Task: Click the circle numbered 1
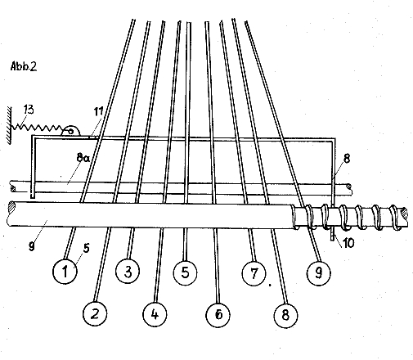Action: pos(65,272)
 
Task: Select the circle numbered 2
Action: pos(95,313)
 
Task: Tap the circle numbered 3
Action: pos(128,272)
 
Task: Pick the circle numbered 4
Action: pos(155,314)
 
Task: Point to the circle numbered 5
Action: pos(185,272)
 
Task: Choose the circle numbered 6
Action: pos(218,314)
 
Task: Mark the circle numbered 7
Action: pos(254,272)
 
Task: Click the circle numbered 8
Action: pos(285,315)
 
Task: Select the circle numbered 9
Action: pos(318,272)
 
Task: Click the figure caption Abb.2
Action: pos(24,66)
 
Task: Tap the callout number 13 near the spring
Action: pos(29,110)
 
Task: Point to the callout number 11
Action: pos(99,111)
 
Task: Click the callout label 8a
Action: pos(83,157)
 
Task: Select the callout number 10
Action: pos(348,242)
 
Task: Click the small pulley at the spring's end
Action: pos(70,131)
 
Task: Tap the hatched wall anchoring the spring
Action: pos(9,125)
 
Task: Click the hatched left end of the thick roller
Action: pos(12,207)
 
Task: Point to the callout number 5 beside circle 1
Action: pos(86,248)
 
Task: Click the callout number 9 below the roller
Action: pos(32,246)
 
